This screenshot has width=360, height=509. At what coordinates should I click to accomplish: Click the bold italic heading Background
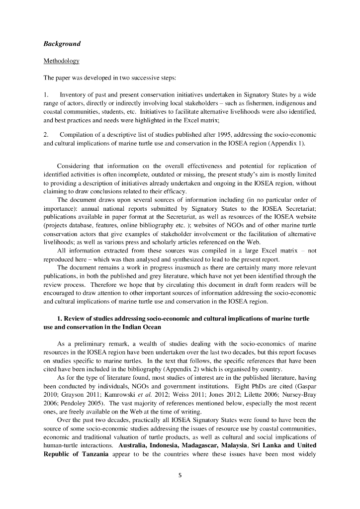[x=62, y=44]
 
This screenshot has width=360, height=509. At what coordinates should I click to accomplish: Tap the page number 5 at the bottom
[x=180, y=475]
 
